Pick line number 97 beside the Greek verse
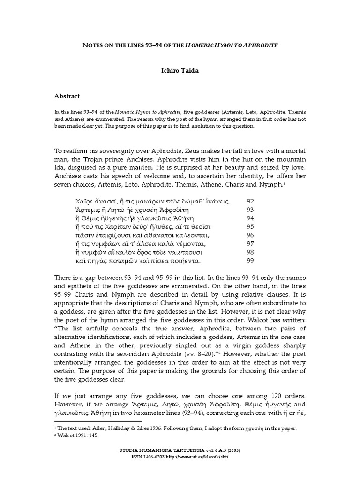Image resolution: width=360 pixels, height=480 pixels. (x=250, y=244)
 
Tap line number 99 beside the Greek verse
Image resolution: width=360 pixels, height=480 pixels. (x=250, y=260)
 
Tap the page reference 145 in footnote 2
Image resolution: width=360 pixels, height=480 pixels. (x=95, y=435)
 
